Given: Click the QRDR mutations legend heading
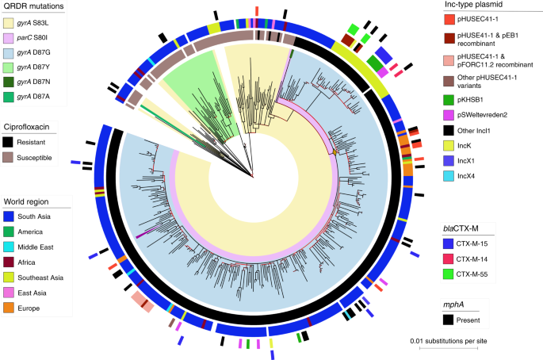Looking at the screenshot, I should pyautogui.click(x=34, y=6).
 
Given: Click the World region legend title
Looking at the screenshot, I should pyautogui.click(x=31, y=201).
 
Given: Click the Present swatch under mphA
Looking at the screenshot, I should pyautogui.click(x=449, y=321).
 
